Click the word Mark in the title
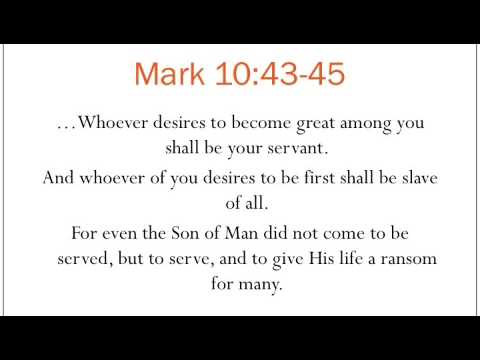(169, 74)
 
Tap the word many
(262, 283)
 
